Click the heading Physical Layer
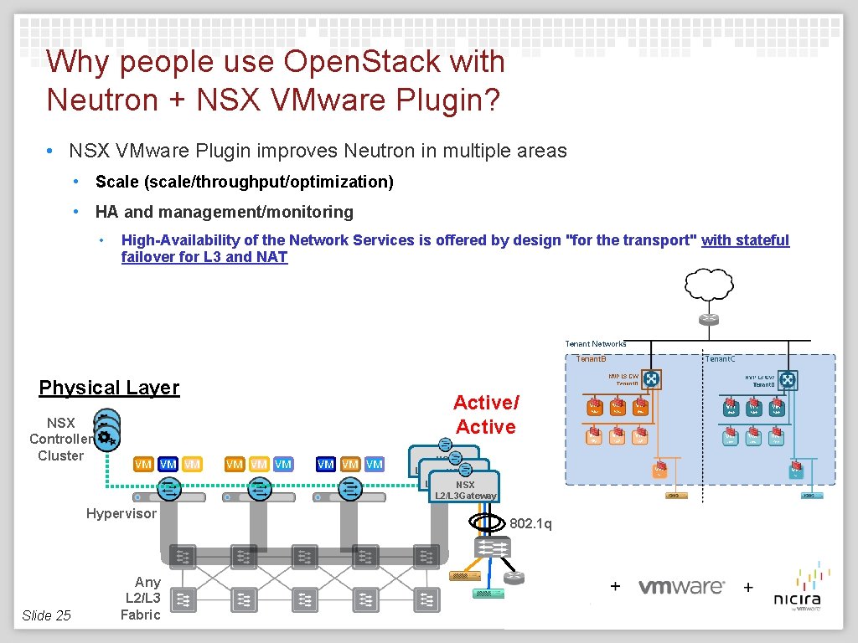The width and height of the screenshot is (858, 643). coord(109,388)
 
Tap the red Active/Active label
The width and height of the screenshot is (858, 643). coord(486,414)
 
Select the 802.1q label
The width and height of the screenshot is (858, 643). coord(531,524)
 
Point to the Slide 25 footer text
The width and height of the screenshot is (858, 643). coord(46,615)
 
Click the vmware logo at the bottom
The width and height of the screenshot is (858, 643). coord(681,587)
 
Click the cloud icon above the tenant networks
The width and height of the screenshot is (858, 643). coord(709,286)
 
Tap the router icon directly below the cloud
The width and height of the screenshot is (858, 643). coord(709,319)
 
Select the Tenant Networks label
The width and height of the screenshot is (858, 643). coord(596,344)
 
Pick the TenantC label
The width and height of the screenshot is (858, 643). coord(720,359)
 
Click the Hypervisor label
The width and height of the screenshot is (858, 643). coord(121,513)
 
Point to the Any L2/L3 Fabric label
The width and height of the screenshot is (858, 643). coord(143,598)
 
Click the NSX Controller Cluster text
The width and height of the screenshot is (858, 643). coord(60,439)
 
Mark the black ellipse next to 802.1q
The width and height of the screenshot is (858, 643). coord(487,523)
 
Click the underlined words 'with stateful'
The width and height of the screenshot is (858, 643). coord(745,240)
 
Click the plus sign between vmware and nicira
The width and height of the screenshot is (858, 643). coord(748,587)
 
